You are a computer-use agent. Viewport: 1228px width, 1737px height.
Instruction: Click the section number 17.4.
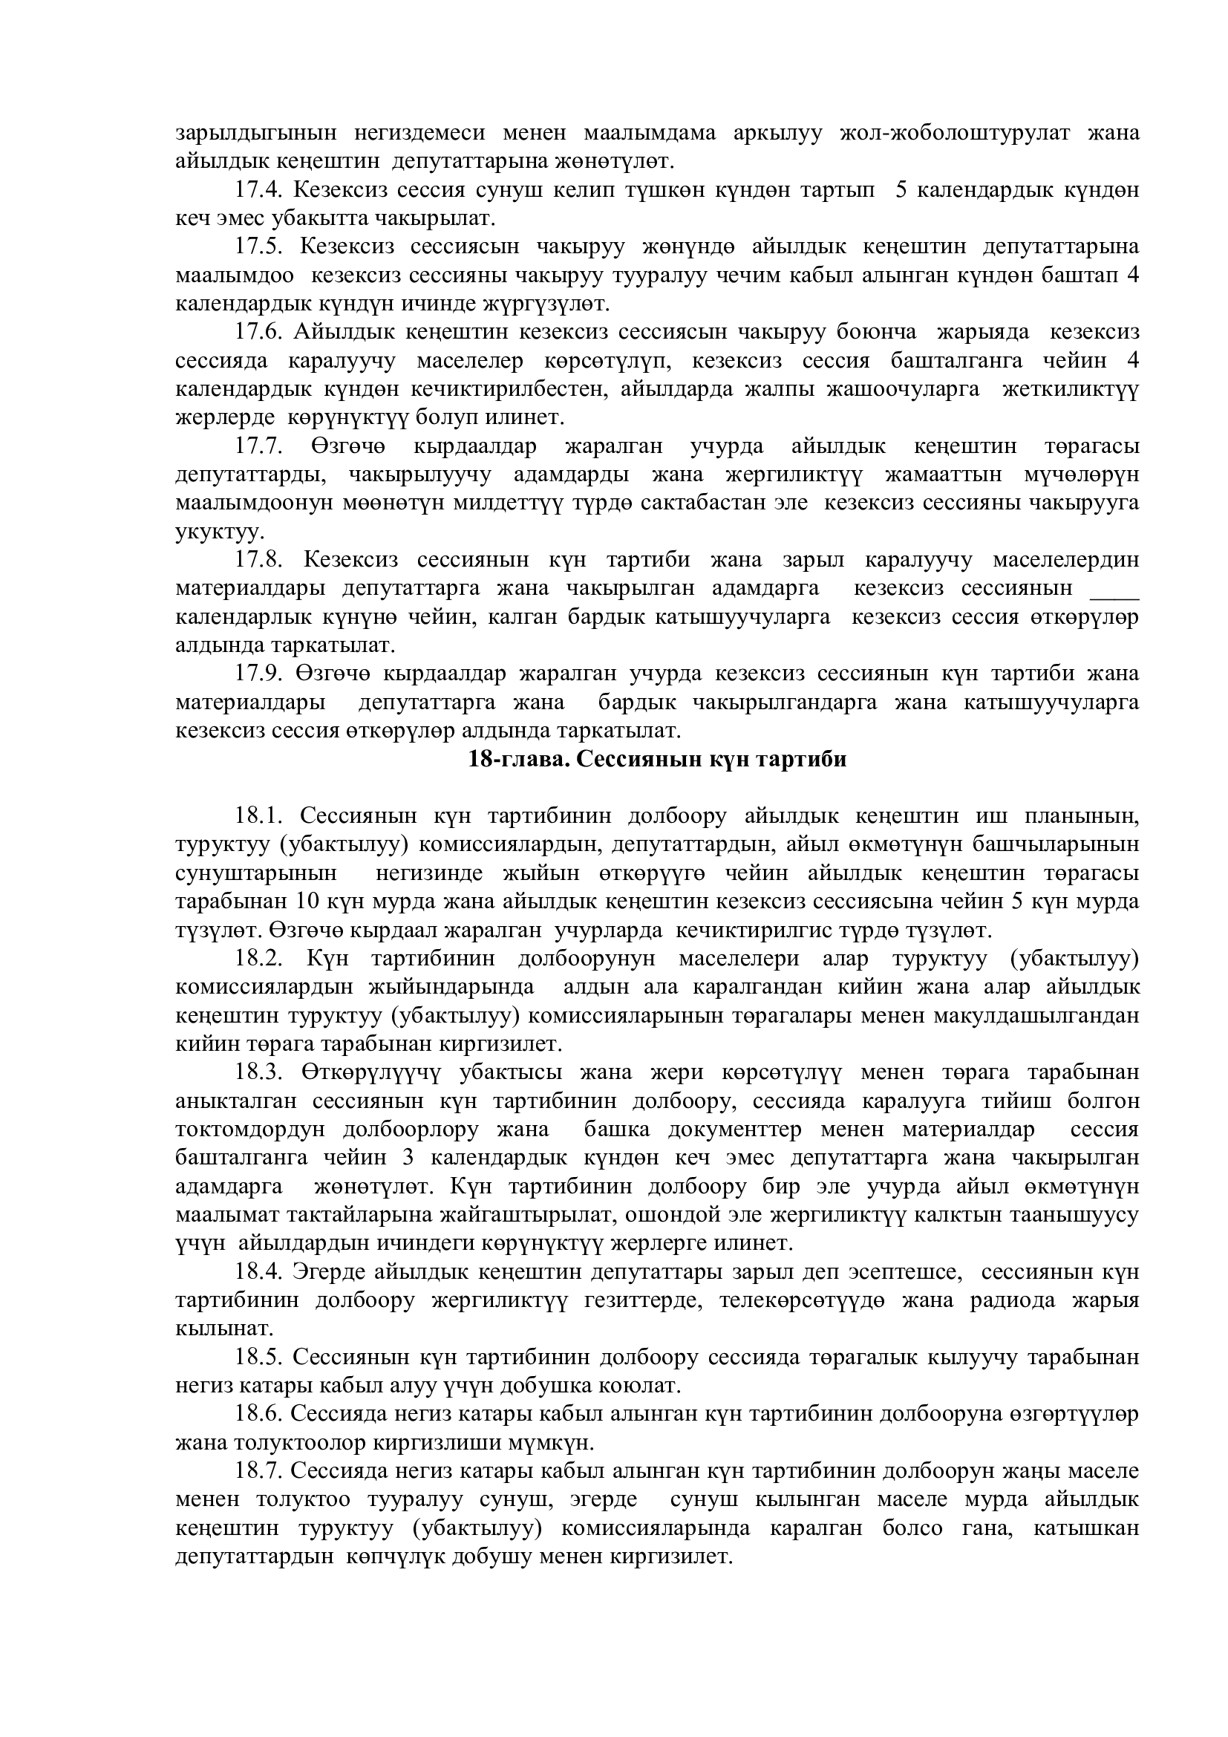pyautogui.click(x=258, y=190)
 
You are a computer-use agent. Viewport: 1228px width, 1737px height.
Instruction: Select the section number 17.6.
pyautogui.click(x=258, y=332)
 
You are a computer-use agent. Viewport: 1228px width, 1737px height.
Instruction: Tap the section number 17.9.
pyautogui.click(x=258, y=674)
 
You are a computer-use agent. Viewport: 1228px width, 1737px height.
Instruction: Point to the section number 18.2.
pyautogui.click(x=258, y=959)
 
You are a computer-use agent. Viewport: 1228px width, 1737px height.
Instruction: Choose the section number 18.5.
pyautogui.click(x=258, y=1357)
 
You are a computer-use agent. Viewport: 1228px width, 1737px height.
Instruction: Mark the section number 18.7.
pyautogui.click(x=258, y=1470)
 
